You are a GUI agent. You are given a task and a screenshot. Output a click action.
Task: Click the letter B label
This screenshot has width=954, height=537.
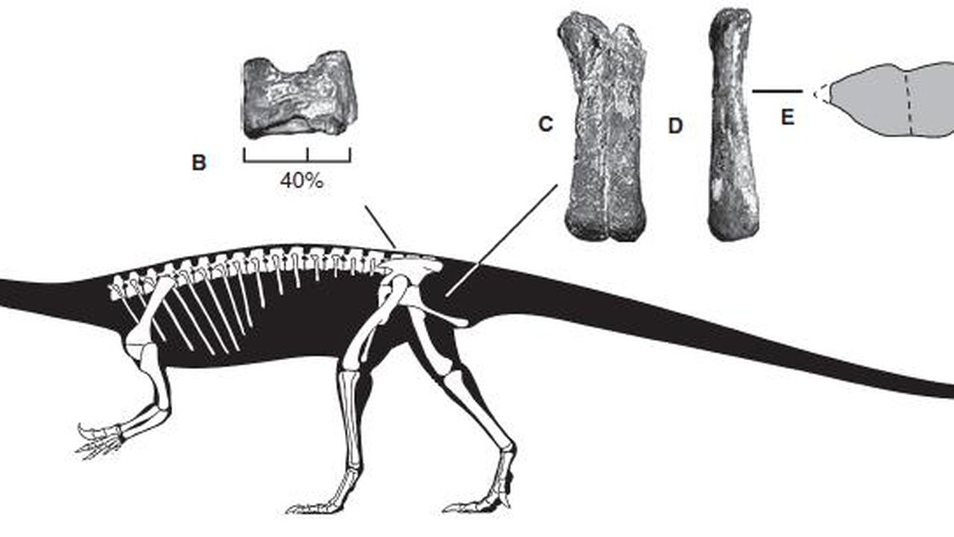pyautogui.click(x=198, y=163)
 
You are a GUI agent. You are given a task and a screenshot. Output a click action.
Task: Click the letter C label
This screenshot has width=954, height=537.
pyautogui.click(x=546, y=125)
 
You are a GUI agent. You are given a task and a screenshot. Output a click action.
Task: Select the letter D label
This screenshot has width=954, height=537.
pyautogui.click(x=675, y=126)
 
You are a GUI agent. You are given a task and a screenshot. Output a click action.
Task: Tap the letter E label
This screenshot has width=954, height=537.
pyautogui.click(x=788, y=117)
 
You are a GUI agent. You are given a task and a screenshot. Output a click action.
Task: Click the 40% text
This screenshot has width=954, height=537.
pyautogui.click(x=301, y=180)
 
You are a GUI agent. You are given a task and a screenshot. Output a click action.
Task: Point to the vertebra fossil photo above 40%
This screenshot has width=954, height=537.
pyautogui.click(x=299, y=94)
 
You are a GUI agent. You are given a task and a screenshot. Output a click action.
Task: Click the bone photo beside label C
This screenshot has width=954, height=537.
pyautogui.click(x=604, y=127)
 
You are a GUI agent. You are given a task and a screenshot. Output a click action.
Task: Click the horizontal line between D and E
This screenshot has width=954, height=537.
pyautogui.click(x=777, y=92)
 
